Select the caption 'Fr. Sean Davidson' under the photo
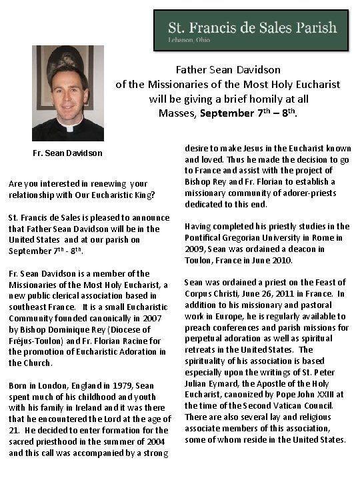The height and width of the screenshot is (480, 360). [68, 153]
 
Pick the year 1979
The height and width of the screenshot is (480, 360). [121, 385]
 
